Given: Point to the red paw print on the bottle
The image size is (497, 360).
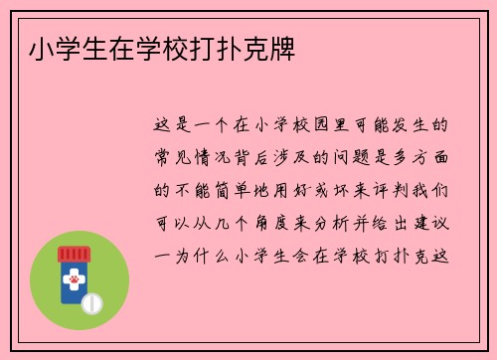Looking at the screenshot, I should (x=73, y=280).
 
